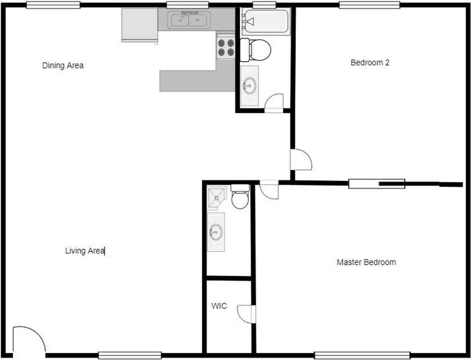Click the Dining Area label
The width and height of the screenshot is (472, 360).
pos(63,65)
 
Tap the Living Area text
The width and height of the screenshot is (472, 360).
pos(85,250)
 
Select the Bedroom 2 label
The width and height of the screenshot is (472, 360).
pos(370,63)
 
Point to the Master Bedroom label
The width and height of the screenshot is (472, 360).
pos(366,262)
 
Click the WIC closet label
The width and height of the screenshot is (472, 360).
pos(219,306)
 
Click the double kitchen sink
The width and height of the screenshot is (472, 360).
pos(189,20)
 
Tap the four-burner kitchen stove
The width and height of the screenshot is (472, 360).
pos(226,48)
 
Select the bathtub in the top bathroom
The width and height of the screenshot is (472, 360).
pos(266,21)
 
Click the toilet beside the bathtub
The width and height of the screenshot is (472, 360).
pos(255,50)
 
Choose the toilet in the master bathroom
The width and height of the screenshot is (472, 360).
pos(240,196)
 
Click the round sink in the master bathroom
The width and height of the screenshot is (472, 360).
pos(216,232)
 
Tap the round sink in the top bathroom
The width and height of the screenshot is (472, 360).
pos(249,86)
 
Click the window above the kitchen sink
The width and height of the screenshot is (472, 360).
pos(188,5)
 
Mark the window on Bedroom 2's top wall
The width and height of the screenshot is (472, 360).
pos(369,5)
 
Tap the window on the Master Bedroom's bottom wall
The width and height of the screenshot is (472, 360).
pos(362,355)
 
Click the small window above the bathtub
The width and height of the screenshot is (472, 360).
pos(264,5)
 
